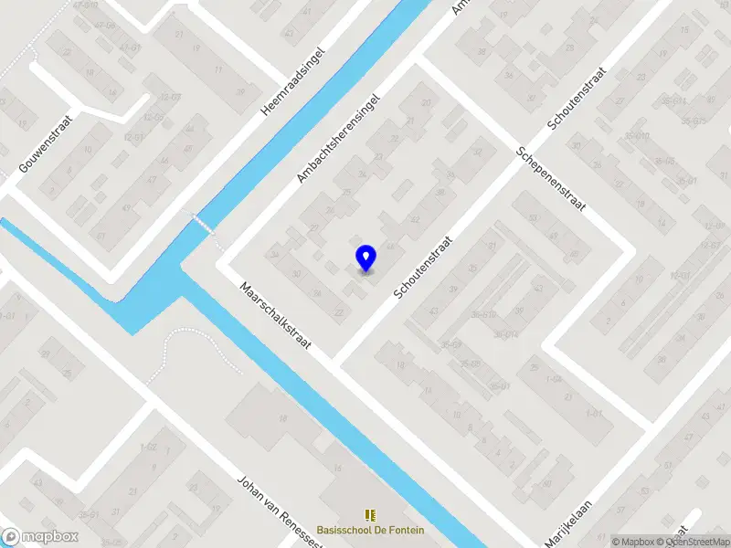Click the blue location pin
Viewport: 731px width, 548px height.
tap(365, 258)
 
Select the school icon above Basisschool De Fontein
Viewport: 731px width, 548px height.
tap(370, 515)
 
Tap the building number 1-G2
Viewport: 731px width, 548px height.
tap(148, 447)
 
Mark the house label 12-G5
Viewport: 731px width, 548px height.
tap(152, 118)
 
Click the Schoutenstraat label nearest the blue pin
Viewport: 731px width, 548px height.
tap(424, 265)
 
